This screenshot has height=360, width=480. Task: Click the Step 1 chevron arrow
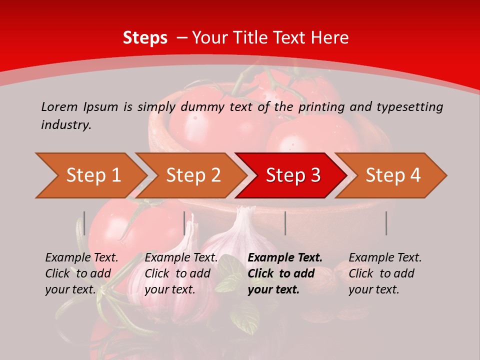[x=92, y=175]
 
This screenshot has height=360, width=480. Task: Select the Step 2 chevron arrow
[x=192, y=175]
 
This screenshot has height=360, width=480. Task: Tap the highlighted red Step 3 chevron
[x=292, y=175]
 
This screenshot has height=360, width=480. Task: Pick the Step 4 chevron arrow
[x=392, y=175]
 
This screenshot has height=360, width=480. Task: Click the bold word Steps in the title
[x=145, y=37]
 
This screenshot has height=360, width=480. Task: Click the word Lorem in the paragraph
[x=59, y=106]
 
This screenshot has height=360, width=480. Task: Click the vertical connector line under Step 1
[x=84, y=223]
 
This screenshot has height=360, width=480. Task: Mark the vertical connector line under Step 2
[x=184, y=223]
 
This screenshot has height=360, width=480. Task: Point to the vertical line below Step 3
[x=285, y=223]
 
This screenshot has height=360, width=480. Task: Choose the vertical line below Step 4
[x=386, y=223]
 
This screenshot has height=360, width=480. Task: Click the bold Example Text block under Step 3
[x=285, y=273]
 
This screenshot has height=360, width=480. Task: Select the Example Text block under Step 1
[x=81, y=273]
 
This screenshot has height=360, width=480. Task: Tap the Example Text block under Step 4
[x=385, y=273]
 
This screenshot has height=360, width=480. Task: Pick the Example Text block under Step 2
[x=181, y=273]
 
